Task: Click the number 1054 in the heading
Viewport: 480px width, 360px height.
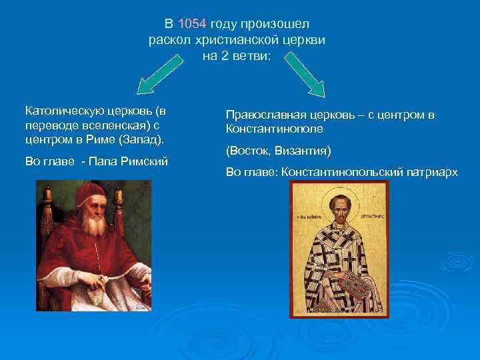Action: point(193,25)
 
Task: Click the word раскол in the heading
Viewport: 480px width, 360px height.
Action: point(170,40)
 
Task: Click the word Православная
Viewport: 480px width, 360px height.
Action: point(263,115)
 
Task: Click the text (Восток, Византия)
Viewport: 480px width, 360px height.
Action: point(278,150)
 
